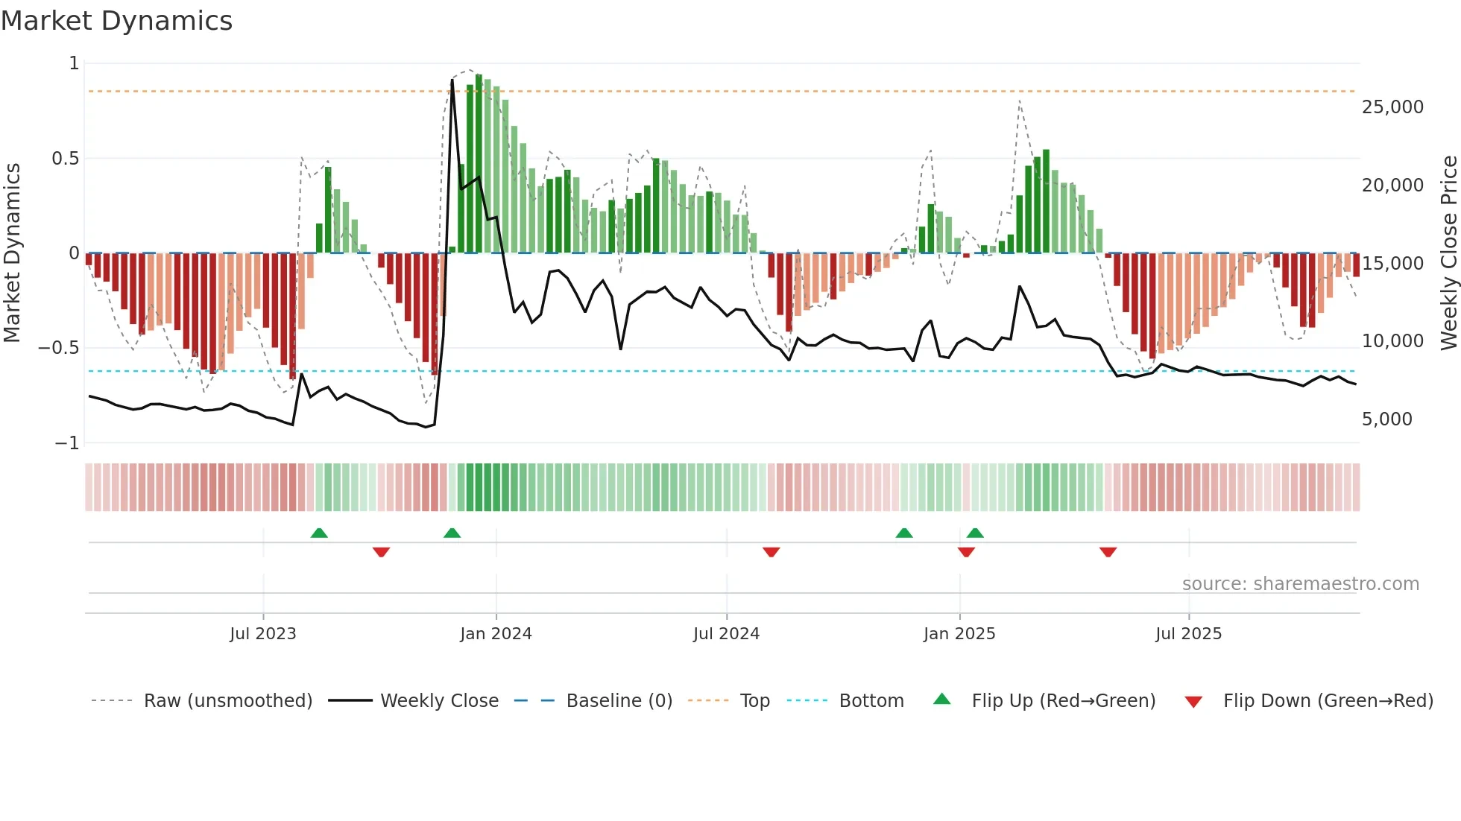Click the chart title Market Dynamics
(116, 21)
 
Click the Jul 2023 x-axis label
(262, 634)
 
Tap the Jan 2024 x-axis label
(496, 634)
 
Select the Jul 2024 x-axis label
(726, 634)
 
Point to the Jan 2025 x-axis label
(959, 634)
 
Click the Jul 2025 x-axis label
(1188, 634)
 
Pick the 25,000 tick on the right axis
(1392, 107)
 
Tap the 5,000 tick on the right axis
(1386, 419)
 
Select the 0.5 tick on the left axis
(65, 159)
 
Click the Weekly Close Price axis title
(1448, 253)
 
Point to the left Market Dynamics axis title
(12, 253)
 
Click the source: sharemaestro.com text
(1300, 584)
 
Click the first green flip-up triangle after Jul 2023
(319, 533)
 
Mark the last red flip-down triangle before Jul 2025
(1108, 552)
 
